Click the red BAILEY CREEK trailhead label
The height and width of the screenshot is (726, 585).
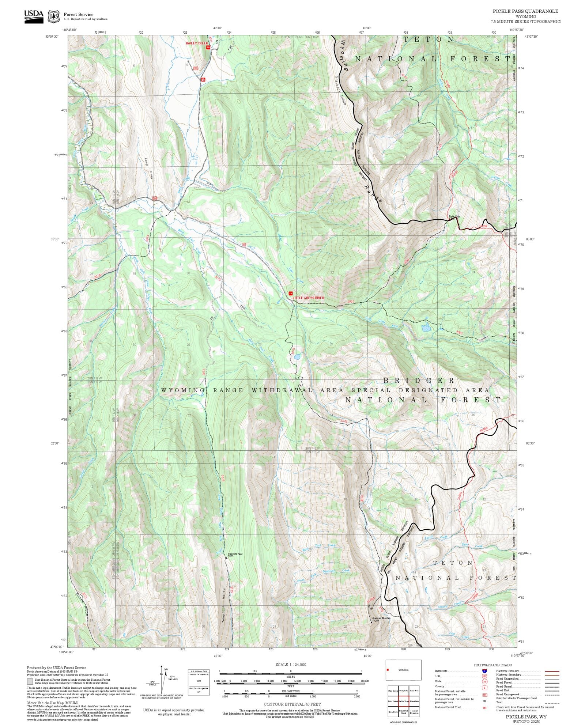tap(197, 43)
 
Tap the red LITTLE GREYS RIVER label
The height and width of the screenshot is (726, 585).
tap(308, 298)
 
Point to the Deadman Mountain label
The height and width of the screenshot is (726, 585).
tap(381, 619)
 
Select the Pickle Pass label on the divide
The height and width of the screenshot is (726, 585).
tap(454, 217)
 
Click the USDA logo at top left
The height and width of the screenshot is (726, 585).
tap(34, 16)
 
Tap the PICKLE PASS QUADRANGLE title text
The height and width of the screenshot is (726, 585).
tap(525, 11)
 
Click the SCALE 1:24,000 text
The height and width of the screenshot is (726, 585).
tap(291, 665)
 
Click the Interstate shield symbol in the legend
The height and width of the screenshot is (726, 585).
tap(485, 671)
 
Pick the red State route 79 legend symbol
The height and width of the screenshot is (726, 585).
tap(485, 681)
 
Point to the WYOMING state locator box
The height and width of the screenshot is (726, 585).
tap(403, 670)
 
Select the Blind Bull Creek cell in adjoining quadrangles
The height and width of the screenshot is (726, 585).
tap(404, 712)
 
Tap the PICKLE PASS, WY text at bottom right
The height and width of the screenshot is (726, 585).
tap(526, 717)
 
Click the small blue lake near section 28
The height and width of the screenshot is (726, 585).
tap(298, 356)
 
